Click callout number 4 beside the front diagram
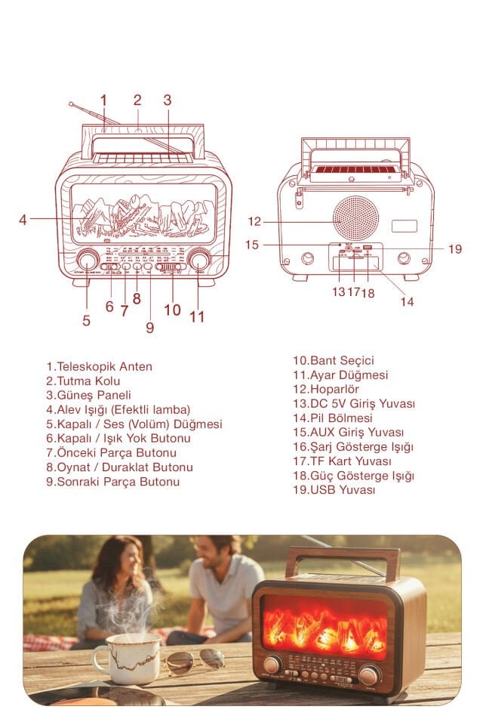click(23, 220)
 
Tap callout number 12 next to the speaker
click(254, 221)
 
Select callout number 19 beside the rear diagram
click(454, 248)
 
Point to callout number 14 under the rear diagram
click(408, 301)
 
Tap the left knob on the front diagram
click(87, 261)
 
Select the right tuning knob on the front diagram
click(199, 261)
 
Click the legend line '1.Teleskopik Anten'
click(99, 366)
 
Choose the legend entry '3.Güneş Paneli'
click(88, 395)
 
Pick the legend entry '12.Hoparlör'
click(326, 389)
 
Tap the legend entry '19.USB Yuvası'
click(334, 489)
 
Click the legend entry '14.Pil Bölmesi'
click(333, 418)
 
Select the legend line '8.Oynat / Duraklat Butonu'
click(119, 467)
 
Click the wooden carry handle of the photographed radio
click(342, 558)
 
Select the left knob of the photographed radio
click(272, 665)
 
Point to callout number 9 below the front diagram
click(149, 327)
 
